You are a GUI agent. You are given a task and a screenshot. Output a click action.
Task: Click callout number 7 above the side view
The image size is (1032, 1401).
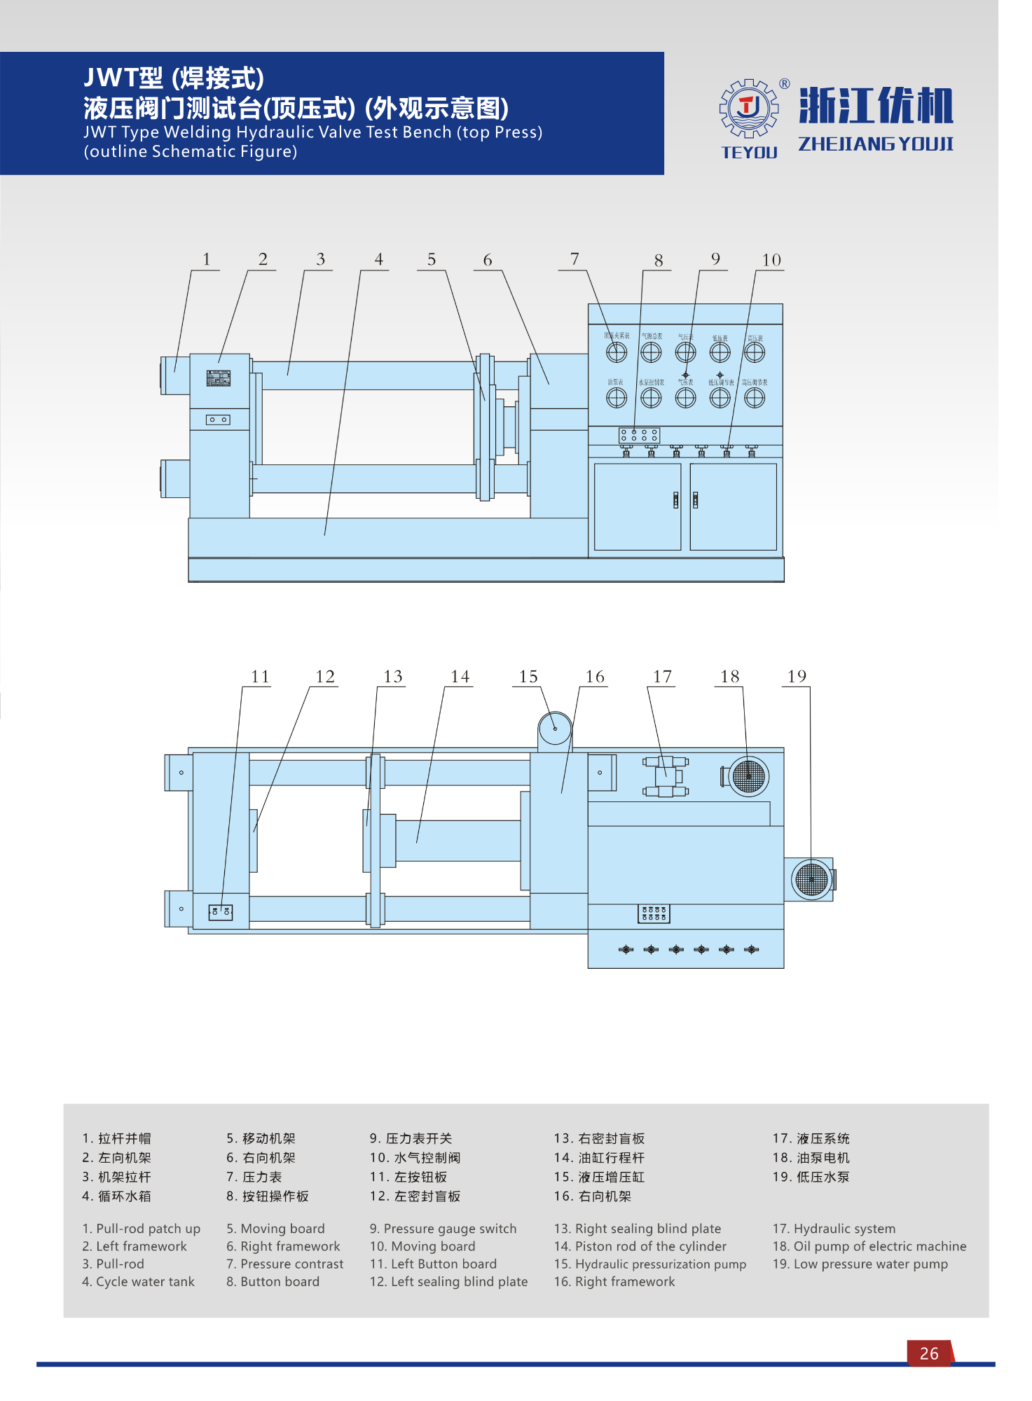point(575,259)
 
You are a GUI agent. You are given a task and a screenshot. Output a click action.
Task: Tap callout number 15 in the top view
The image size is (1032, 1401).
point(528,677)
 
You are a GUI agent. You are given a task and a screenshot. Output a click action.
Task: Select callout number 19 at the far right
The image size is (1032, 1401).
point(797,677)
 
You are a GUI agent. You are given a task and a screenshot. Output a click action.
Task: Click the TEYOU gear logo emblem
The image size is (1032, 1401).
point(749,108)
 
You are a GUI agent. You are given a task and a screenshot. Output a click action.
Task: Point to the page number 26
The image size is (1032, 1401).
point(929,1354)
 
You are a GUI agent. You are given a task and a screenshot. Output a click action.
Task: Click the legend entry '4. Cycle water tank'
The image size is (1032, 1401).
point(139,1282)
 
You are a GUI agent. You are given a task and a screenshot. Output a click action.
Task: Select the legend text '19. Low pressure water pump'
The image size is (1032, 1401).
point(860,1264)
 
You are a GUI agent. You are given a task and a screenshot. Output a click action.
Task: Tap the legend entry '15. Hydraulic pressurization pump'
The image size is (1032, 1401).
point(649,1264)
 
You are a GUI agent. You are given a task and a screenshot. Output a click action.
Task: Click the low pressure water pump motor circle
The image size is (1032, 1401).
point(811,879)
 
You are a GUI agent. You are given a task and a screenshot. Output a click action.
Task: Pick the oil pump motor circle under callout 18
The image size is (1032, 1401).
point(748,776)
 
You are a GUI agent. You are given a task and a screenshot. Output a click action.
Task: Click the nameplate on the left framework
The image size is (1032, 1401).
point(219,378)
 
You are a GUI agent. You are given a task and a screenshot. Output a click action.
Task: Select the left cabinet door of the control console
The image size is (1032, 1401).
point(637,506)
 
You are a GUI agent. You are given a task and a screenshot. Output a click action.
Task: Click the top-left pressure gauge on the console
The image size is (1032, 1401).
point(617,352)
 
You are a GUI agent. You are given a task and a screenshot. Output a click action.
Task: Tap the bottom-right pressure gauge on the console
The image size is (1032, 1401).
point(755,398)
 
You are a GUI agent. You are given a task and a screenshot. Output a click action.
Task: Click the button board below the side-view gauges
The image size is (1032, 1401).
point(639,435)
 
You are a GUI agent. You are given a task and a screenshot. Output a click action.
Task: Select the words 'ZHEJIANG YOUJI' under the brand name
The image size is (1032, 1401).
point(876,144)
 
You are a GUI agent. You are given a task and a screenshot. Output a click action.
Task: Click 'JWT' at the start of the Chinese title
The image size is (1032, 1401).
point(112,78)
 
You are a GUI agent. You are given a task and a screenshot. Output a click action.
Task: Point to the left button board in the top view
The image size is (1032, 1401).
point(220,912)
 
